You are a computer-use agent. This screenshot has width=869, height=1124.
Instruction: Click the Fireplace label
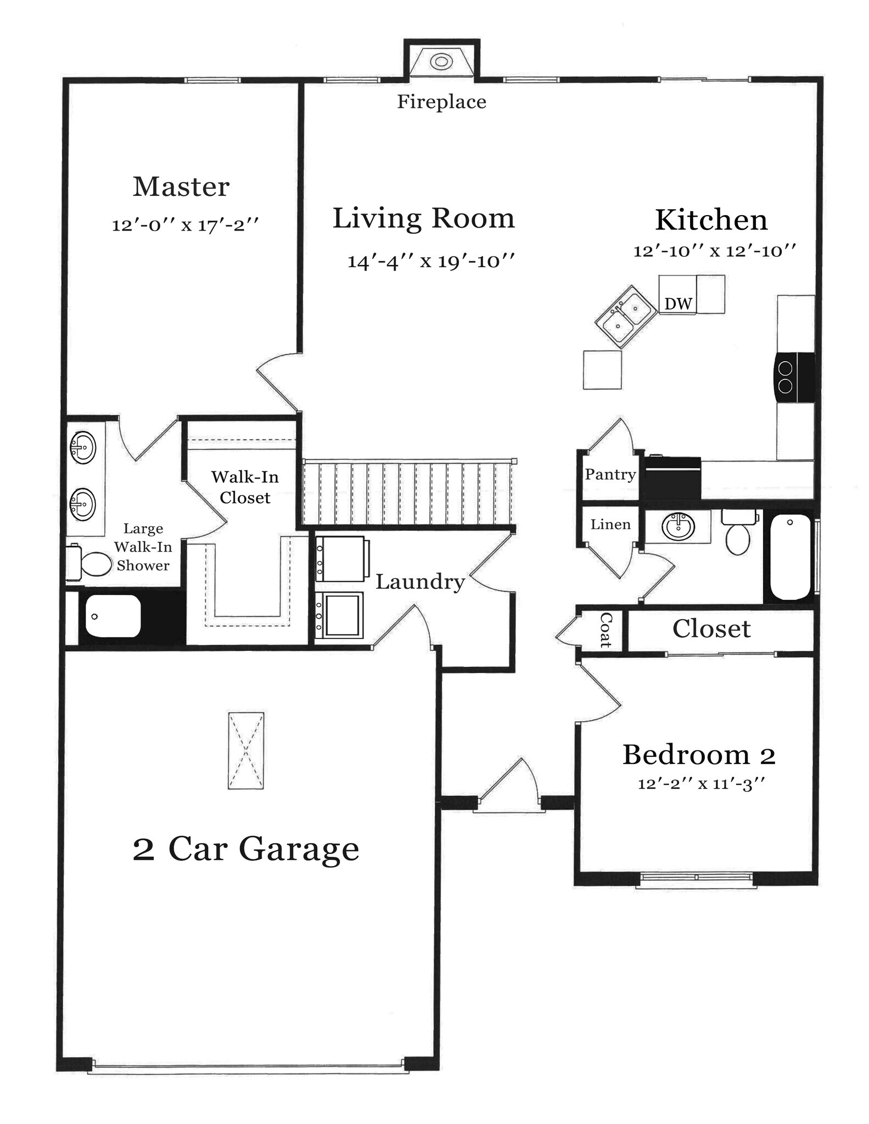441,102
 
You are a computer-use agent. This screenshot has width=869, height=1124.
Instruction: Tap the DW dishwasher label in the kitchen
678,304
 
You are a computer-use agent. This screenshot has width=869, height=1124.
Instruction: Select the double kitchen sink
626,317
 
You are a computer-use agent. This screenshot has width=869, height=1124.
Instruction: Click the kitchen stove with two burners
794,378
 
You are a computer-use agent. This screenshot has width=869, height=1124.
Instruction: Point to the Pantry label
610,474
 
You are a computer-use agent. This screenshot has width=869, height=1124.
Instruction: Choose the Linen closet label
610,525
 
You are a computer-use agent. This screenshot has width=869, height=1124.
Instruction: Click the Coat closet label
606,630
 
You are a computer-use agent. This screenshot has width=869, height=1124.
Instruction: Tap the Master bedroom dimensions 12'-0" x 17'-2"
185,224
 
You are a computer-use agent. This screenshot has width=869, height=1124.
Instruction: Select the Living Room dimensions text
431,261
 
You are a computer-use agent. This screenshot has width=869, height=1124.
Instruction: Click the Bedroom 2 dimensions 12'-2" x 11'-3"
701,784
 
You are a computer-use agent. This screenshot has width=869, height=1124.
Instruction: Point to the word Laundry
420,582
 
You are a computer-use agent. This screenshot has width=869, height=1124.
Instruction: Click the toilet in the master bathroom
88,563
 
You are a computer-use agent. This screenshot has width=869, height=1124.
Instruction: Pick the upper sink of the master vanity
82,447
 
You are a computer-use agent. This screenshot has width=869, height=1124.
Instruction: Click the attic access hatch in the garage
246,751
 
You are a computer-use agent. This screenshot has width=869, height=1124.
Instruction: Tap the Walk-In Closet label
245,487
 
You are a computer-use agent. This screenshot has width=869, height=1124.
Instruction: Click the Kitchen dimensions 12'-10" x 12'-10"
715,251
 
